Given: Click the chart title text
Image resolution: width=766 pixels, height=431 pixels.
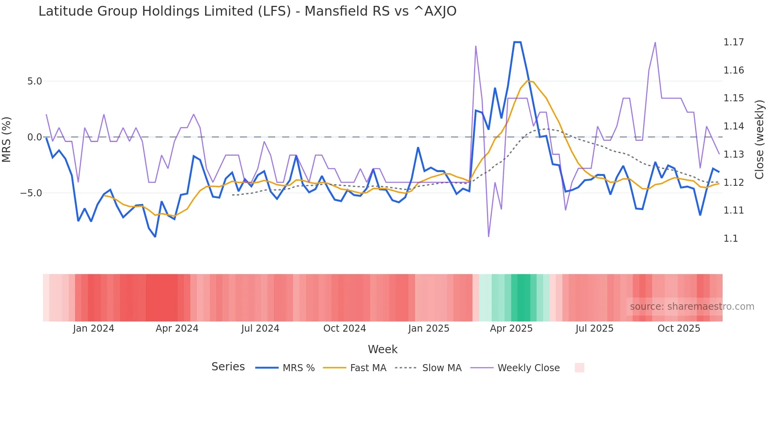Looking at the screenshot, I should tap(247, 11).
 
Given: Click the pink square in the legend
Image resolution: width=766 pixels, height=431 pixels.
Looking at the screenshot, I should tap(579, 368).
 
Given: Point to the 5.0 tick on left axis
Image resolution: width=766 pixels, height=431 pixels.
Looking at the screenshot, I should tap(34, 81).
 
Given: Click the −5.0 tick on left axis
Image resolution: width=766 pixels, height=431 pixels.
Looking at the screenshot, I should tap(31, 193).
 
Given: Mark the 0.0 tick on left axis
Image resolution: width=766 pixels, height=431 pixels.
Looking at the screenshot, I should tap(34, 137).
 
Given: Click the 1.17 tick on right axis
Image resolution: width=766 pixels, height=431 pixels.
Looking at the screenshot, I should tap(734, 42).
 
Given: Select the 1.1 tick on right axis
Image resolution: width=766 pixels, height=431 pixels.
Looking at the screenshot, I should tap(730, 239).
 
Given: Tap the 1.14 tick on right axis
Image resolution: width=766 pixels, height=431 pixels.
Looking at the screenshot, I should tap(734, 126).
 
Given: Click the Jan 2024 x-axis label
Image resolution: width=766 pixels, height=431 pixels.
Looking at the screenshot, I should tap(93, 329).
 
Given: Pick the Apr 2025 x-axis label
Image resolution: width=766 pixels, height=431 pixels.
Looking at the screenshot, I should tap(511, 329).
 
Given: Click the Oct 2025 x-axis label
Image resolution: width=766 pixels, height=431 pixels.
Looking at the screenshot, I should tap(679, 329).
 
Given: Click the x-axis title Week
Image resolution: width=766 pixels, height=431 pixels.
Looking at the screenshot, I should tap(383, 349).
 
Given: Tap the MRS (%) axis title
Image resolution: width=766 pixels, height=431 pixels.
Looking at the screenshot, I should tap(7, 139).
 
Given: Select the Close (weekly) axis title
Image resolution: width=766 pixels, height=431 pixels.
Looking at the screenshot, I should tap(759, 139).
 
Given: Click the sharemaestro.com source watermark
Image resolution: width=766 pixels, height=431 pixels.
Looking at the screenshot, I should tap(692, 307).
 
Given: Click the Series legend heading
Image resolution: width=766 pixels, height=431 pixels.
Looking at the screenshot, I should tap(228, 367).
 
